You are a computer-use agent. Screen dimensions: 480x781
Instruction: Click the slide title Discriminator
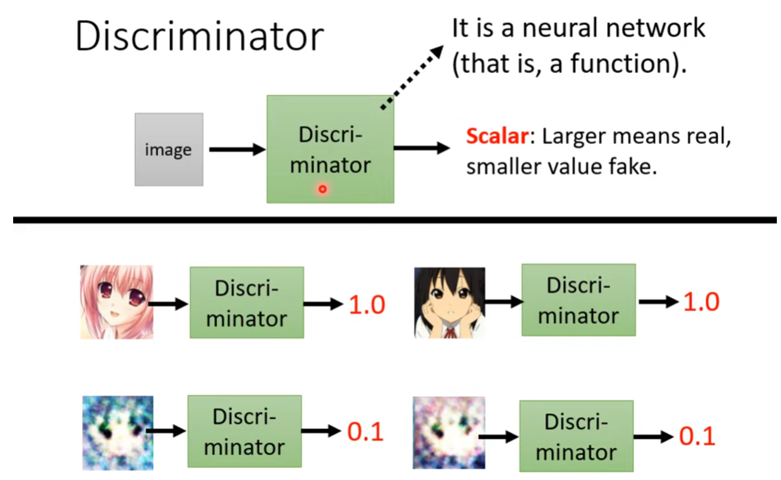coord(199,37)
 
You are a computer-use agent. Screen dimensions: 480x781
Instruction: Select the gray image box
coord(168,149)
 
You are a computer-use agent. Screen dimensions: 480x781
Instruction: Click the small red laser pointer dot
coord(322,189)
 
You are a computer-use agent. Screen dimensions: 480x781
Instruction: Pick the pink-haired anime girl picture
coord(116,302)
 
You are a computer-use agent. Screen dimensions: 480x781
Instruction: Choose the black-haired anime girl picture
coord(449,302)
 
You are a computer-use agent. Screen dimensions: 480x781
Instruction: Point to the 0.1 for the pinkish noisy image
coord(697,436)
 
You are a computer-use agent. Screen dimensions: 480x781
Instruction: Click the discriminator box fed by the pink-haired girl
coord(246,302)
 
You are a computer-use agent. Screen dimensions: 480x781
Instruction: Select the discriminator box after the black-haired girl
coord(578,300)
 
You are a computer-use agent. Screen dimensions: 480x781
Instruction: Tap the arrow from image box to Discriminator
coord(236,149)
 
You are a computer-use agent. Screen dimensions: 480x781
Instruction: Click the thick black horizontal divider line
coord(394,221)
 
